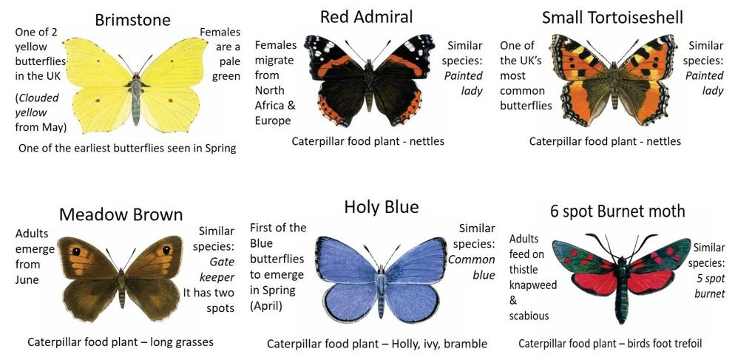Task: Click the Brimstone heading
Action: point(132,20)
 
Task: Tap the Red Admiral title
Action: point(366,17)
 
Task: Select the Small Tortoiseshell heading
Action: point(612,17)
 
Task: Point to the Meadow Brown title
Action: point(121,214)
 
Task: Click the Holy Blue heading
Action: point(382,206)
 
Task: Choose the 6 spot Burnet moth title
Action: point(617,211)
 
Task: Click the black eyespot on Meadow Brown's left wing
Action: point(76,251)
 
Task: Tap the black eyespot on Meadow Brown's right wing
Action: point(166,251)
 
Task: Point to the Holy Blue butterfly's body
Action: point(381,293)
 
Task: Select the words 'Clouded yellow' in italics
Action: point(37,105)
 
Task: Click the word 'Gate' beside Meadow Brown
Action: point(222,262)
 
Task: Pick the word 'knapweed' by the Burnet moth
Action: point(533,285)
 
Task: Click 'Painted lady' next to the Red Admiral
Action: point(464,83)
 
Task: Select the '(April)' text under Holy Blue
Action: point(265,306)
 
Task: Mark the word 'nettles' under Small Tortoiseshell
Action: point(663,141)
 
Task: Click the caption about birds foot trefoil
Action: point(610,344)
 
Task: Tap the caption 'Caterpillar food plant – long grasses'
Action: point(121,342)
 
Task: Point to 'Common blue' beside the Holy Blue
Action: point(472,267)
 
